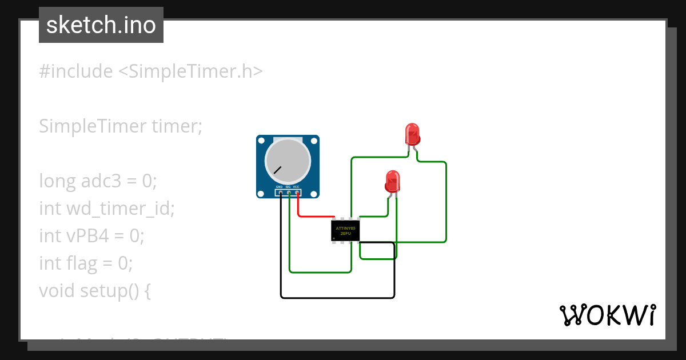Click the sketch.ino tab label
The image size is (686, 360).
click(101, 25)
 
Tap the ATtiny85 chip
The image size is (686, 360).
click(345, 231)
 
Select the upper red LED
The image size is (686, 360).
click(412, 134)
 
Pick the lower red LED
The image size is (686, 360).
click(392, 181)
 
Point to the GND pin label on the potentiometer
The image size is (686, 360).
click(279, 187)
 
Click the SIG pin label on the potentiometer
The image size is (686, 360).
click(288, 187)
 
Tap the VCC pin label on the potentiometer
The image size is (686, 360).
click(297, 187)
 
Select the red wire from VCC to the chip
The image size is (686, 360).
click(314, 217)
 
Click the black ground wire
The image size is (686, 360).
click(337, 298)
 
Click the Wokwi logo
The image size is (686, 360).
click(607, 315)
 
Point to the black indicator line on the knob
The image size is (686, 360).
click(277, 170)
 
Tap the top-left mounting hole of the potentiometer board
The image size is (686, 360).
click(261, 141)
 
